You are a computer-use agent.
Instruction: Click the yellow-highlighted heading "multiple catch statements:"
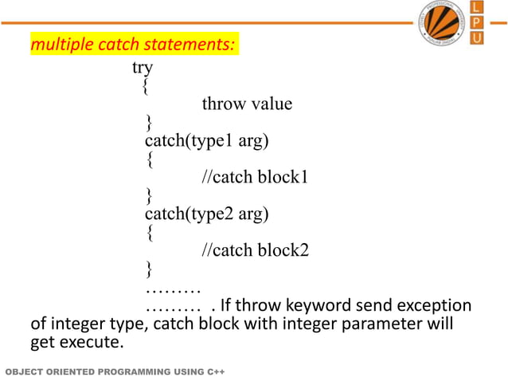click(132, 45)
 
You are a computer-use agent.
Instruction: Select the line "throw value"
click(247, 104)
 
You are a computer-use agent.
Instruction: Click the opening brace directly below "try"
click(143, 86)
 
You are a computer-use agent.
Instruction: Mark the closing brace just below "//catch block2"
click(149, 269)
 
